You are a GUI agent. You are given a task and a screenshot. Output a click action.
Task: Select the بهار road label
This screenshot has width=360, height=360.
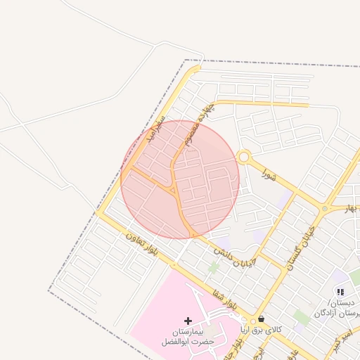pyautogui.click(x=352, y=209)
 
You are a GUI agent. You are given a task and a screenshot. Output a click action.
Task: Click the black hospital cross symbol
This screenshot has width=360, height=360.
pyautogui.click(x=188, y=321)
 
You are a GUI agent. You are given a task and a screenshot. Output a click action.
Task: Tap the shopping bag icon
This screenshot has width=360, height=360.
pyautogui.click(x=262, y=319)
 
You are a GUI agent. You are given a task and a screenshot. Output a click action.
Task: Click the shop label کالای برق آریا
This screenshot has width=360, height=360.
pyautogui.click(x=261, y=329)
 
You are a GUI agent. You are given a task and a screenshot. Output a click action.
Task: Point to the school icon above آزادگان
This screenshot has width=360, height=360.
pyautogui.click(x=340, y=292)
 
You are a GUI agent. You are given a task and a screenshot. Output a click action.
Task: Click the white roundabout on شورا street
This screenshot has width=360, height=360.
pyautogui.click(x=244, y=157)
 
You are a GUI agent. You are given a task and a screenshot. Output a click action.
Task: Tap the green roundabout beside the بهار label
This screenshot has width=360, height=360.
pyautogui.click(x=324, y=208)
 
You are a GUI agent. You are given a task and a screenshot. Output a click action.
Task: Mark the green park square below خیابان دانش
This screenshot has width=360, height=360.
pyautogui.click(x=214, y=267)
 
